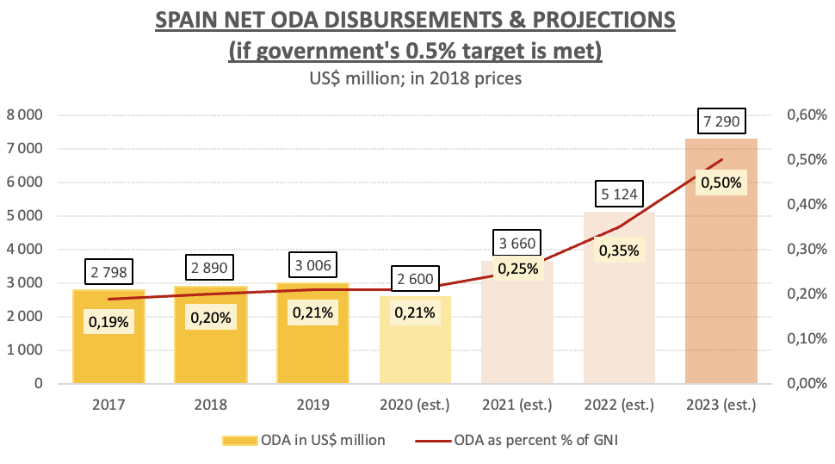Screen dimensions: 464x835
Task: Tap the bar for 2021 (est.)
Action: [516, 336]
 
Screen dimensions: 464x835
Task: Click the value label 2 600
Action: [415, 279]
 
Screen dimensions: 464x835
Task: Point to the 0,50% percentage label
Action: [721, 183]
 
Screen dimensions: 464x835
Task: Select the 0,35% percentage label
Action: [619, 251]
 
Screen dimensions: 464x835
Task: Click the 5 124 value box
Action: [619, 194]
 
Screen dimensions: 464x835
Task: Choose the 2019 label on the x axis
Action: [312, 405]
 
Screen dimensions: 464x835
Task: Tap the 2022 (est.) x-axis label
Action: [619, 405]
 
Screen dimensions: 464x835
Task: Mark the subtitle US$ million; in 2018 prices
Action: [417, 78]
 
